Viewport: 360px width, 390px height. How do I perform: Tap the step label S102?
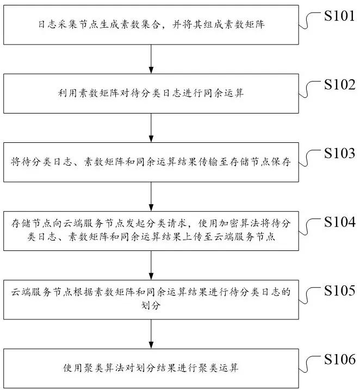339,85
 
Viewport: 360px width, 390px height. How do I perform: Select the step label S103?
339,153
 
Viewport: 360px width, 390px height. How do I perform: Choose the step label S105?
339,290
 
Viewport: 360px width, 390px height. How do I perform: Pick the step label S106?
339,359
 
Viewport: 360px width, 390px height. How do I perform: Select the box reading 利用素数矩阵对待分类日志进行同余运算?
150,93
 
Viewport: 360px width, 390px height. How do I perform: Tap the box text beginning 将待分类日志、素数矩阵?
151,162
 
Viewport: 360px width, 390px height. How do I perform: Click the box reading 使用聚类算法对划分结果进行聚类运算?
151,368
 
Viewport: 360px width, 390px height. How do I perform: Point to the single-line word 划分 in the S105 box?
151,306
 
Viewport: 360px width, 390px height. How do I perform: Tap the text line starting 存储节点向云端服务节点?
151,224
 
